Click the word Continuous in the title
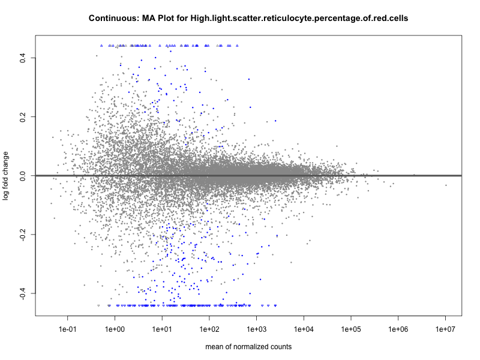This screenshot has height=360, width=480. pos(112,19)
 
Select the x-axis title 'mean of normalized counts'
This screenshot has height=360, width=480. pos(248,347)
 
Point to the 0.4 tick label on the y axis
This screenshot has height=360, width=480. pos(22,58)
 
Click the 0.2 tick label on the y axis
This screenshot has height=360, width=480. pos(22,116)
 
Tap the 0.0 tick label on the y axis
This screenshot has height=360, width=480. pos(22,175)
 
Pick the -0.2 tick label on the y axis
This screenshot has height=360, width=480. pos(22,234)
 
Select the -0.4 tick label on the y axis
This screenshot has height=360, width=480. pos(22,293)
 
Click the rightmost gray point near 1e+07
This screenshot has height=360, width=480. pos(446,185)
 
